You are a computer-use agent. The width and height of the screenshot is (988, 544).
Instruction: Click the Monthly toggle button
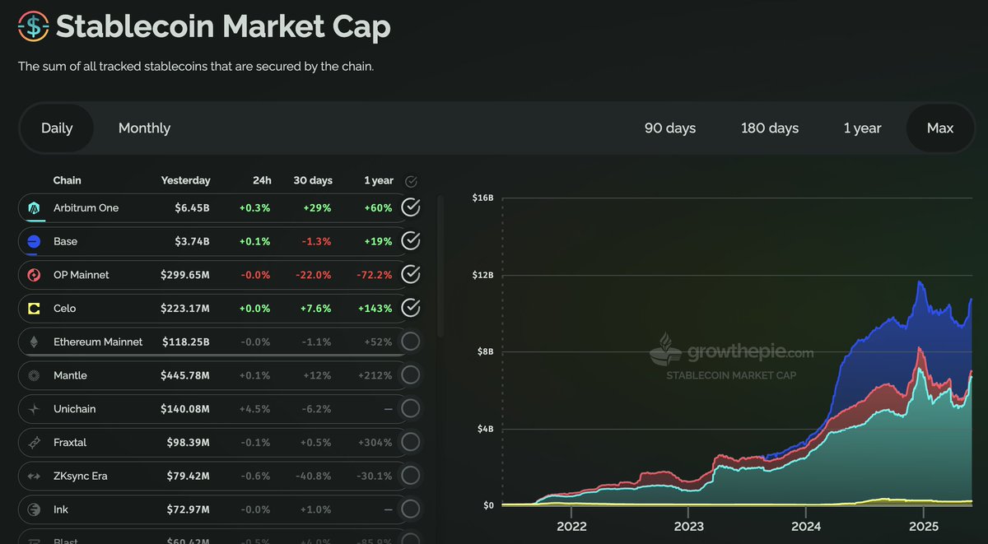pyautogui.click(x=144, y=128)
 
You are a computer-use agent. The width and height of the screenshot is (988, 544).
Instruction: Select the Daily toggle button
pyautogui.click(x=57, y=128)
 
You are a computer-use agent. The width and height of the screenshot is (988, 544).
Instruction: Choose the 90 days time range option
pyautogui.click(x=669, y=128)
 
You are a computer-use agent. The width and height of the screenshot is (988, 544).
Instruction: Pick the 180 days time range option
pyautogui.click(x=769, y=128)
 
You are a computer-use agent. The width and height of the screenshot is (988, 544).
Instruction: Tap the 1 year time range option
pyautogui.click(x=862, y=128)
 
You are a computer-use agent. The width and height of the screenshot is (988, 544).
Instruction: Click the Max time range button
pyautogui.click(x=939, y=128)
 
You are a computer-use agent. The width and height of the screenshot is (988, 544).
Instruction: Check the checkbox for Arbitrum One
pyautogui.click(x=410, y=207)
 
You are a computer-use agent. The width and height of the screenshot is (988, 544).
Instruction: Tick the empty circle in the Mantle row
pyautogui.click(x=410, y=375)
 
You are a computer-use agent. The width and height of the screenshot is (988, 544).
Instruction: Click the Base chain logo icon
pyautogui.click(x=34, y=241)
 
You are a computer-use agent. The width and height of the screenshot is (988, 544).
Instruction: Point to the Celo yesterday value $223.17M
pyautogui.click(x=185, y=309)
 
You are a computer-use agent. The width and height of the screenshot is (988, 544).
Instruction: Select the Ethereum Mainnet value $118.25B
pyautogui.click(x=185, y=342)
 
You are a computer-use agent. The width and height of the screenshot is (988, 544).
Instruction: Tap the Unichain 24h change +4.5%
pyautogui.click(x=254, y=409)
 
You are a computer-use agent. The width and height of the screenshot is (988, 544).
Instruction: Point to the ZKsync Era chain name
pyautogui.click(x=80, y=476)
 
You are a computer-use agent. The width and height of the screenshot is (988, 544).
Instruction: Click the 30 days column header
pyautogui.click(x=312, y=180)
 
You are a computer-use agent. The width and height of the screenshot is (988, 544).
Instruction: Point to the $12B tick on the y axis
pyautogui.click(x=482, y=275)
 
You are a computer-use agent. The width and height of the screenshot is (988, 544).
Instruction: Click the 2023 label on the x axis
pyautogui.click(x=688, y=526)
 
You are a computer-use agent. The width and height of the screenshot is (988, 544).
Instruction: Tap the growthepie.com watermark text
pyautogui.click(x=750, y=353)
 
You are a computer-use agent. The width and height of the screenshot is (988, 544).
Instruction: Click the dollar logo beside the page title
pyautogui.click(x=33, y=26)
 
